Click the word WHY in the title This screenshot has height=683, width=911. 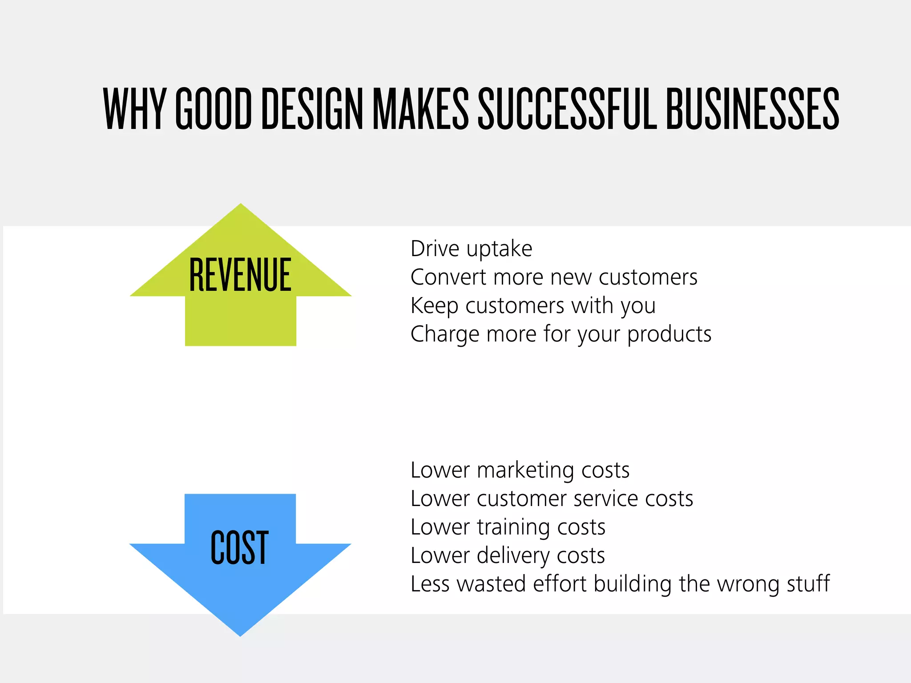click(133, 108)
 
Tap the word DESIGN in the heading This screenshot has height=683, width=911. click(312, 108)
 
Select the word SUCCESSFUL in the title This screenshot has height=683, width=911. click(567, 108)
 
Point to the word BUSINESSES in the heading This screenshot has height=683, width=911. click(752, 108)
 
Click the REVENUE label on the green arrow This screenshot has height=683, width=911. click(240, 275)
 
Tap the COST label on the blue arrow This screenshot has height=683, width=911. click(239, 547)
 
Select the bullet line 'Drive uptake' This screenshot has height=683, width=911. click(471, 249)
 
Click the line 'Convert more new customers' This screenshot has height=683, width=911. click(554, 277)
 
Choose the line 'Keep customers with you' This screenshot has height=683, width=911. click(533, 306)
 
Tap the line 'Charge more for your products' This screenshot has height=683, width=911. click(561, 334)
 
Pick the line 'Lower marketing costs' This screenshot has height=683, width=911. click(520, 470)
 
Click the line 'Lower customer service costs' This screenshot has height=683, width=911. click(552, 499)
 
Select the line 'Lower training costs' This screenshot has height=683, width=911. click(508, 527)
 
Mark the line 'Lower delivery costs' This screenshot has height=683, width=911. click(508, 556)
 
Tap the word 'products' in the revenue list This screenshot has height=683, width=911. click(669, 334)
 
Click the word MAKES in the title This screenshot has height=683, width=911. click(420, 108)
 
